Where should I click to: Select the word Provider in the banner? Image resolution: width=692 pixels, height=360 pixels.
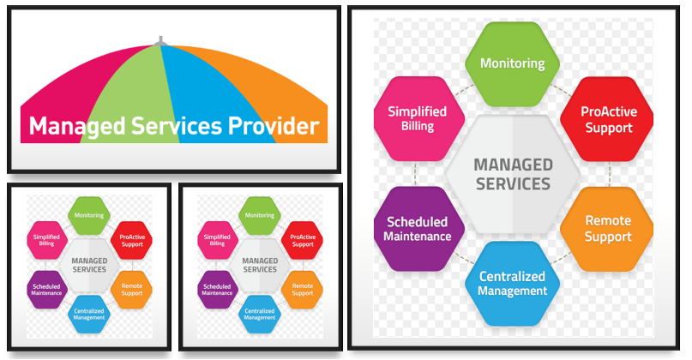[x=275, y=127]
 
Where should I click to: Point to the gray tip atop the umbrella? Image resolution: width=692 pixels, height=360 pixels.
[x=160, y=40]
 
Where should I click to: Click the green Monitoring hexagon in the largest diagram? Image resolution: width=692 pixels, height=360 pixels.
[x=512, y=63]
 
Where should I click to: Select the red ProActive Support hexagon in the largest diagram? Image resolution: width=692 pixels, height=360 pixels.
[x=606, y=118]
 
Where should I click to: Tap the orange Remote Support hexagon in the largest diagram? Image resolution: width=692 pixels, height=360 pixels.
[x=607, y=228]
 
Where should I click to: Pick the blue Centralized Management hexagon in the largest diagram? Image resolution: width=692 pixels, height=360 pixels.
[x=512, y=283]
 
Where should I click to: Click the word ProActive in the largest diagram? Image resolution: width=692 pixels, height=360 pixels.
[x=607, y=111]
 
